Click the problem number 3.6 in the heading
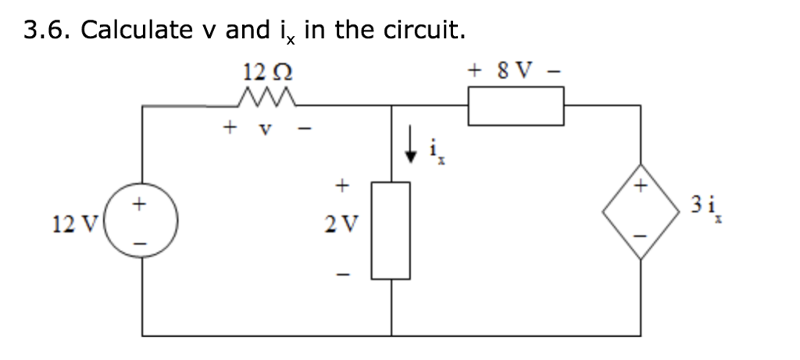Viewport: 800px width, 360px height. [x=48, y=30]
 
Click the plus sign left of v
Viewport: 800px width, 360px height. [x=229, y=125]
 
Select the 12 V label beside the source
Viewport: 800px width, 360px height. [x=70, y=226]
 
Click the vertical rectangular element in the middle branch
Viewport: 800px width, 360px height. [x=391, y=230]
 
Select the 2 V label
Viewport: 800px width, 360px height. [x=341, y=226]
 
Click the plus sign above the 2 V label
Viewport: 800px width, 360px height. [x=341, y=186]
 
